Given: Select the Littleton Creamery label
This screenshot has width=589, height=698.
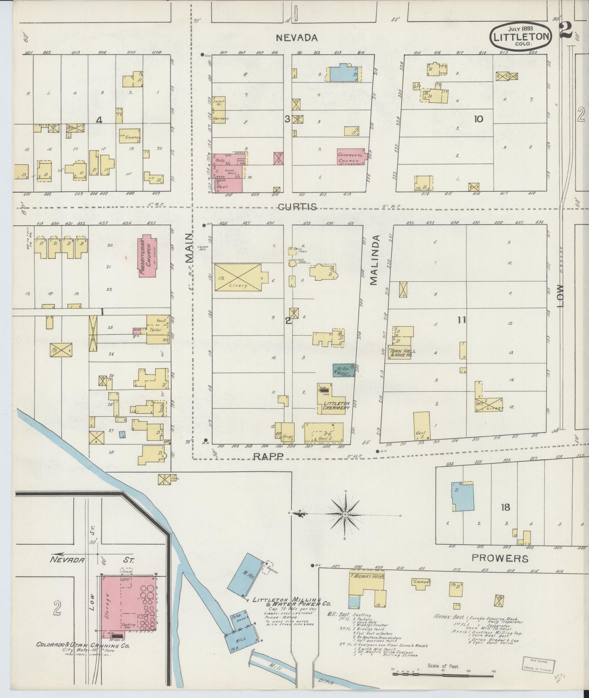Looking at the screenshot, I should [336, 406].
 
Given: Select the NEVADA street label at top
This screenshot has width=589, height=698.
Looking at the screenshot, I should [296, 38].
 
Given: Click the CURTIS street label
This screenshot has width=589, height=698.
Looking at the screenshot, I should [297, 207].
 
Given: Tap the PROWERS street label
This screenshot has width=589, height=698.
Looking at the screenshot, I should [500, 558].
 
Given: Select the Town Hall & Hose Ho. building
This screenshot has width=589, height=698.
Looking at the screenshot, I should [401, 353].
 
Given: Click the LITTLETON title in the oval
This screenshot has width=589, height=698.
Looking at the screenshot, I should [521, 36].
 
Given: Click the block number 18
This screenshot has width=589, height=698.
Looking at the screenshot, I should [506, 507].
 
